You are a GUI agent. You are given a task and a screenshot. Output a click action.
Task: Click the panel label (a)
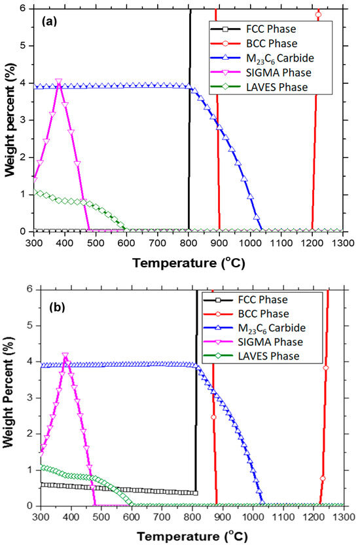[x=51, y=20]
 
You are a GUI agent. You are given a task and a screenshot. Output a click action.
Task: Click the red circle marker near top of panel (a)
[x=318, y=14]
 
